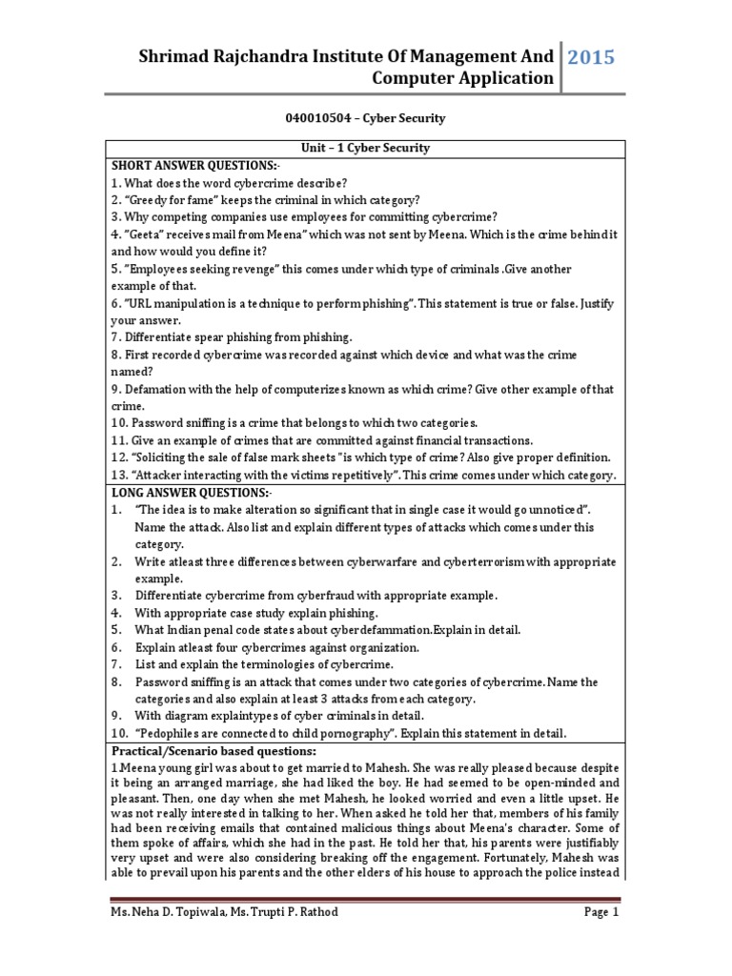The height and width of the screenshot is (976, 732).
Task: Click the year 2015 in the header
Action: coord(592,58)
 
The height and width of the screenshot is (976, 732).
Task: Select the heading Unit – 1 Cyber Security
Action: coord(366,148)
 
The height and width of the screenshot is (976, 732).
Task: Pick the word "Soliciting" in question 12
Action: coord(167,457)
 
